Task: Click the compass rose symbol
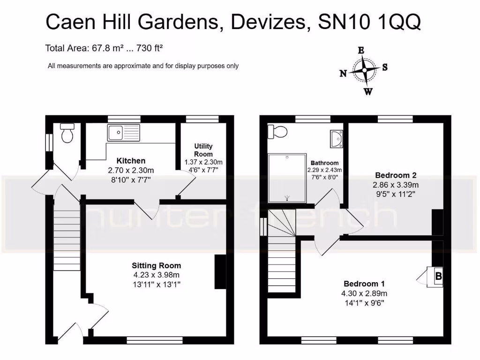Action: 365,71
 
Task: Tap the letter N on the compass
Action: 343,73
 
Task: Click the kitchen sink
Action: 123,133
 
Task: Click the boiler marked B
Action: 438,277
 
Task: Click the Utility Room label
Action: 203,150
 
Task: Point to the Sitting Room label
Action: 156,266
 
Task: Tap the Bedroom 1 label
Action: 364,284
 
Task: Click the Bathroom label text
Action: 324,163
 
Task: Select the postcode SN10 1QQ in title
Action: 369,22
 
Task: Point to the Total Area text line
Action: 104,47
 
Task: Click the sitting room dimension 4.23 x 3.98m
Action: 156,275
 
